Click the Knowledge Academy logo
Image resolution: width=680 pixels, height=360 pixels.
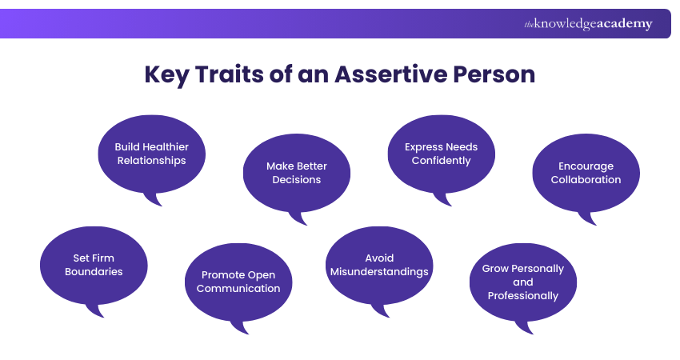(x=588, y=24)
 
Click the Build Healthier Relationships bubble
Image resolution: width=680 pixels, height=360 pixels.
(x=151, y=154)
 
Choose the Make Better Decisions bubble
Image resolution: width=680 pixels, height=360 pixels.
(x=296, y=173)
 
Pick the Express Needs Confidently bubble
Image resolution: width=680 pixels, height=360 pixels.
(x=441, y=154)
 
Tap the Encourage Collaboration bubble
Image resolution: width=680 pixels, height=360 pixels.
(x=586, y=173)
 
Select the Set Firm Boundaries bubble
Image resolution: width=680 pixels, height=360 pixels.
(x=94, y=265)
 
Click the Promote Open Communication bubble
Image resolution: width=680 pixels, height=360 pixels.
(x=238, y=282)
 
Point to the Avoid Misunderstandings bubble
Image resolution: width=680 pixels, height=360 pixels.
(x=379, y=265)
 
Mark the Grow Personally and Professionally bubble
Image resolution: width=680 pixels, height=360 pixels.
(x=522, y=282)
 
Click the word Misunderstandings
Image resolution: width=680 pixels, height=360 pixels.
(x=379, y=272)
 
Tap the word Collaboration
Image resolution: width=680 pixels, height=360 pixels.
(x=586, y=180)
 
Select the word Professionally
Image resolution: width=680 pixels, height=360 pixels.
(x=522, y=296)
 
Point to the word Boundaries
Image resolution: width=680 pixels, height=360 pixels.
(x=94, y=272)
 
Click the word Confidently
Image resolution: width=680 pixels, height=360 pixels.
(x=441, y=161)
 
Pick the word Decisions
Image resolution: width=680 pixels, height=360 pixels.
(x=296, y=180)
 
